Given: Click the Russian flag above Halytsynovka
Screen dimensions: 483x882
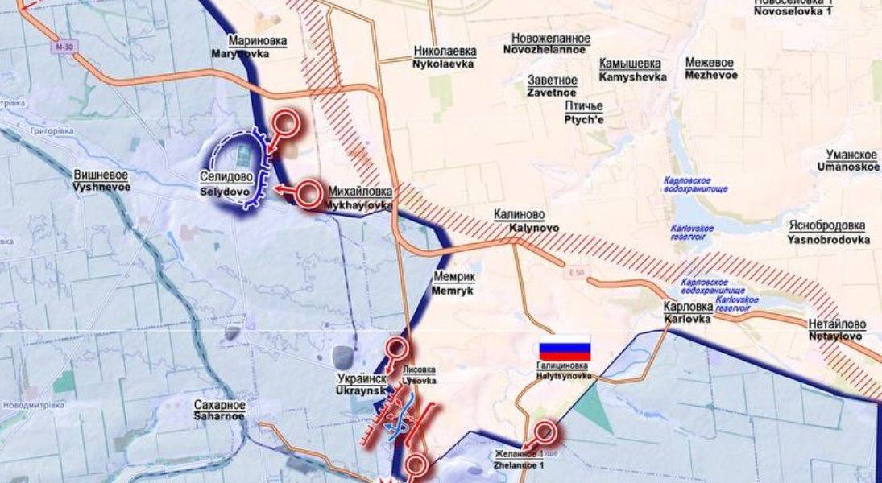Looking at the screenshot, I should coord(565,349).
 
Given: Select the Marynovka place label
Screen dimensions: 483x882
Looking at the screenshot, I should coord(259,47).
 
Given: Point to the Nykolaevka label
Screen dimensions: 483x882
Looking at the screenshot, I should coord(444,56).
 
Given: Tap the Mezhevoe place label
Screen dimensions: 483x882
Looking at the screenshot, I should coord(710,68).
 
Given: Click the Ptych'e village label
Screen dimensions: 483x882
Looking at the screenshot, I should coord(584,113).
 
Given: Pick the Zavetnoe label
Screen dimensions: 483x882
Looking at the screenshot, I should coord(553,87).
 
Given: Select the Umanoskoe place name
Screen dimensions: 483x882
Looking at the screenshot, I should coord(852,161).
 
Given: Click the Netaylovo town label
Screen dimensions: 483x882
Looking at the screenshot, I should coord(837,330).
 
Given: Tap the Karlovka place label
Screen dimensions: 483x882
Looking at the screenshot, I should coord(687,312).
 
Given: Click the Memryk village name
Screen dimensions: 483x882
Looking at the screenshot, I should coord(453,283).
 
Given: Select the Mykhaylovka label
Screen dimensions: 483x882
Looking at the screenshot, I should coord(359,198).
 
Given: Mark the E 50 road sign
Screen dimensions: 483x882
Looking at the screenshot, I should coord(573,270).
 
